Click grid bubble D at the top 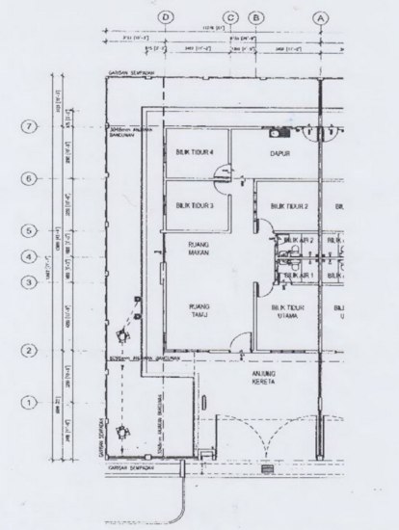point(166,17)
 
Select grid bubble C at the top point(231,17)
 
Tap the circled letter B point(255,17)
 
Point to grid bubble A point(321,17)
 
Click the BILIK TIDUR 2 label point(289,206)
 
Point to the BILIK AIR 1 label point(299,276)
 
